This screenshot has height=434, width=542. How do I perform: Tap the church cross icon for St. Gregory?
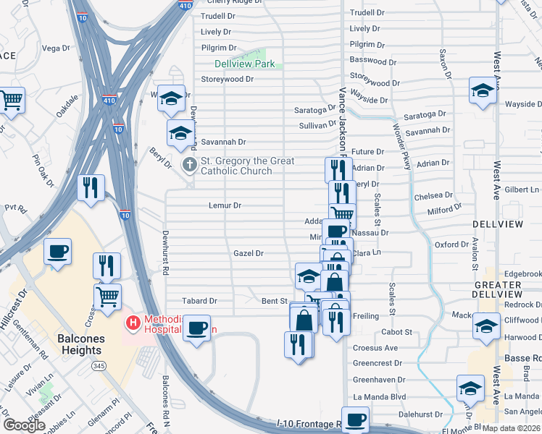[x=189, y=166]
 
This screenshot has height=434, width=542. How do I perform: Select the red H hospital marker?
[x=133, y=322]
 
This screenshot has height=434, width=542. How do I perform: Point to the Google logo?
[x=23, y=425]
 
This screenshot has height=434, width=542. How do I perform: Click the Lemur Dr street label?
[x=225, y=205]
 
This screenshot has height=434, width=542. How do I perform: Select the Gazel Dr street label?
[x=248, y=253]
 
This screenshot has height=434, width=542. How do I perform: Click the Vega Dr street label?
[x=55, y=48]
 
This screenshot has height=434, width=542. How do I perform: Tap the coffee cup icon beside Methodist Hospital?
[x=196, y=327]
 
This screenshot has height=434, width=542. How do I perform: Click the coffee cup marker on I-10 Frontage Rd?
[x=355, y=419]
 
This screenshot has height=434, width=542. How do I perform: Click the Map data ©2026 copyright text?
[x=511, y=427]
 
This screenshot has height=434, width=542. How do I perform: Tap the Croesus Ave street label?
[x=375, y=348]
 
